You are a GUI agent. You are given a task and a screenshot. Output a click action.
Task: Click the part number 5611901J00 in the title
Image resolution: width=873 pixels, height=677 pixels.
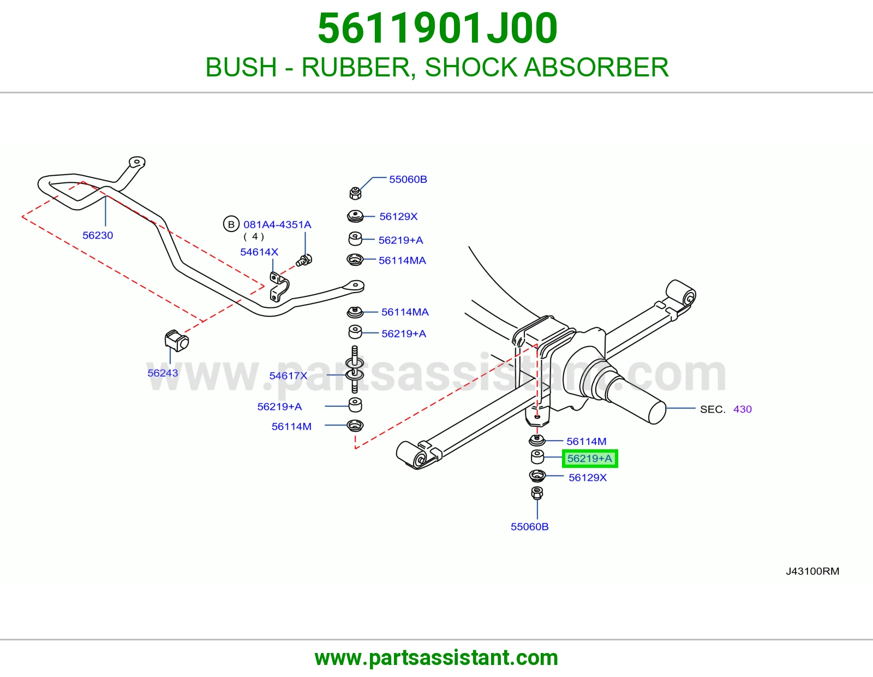click(437, 28)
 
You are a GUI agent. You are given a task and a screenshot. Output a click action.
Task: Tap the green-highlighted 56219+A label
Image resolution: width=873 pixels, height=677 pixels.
click(589, 458)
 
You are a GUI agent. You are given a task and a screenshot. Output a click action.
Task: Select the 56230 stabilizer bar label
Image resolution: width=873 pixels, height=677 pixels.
click(98, 235)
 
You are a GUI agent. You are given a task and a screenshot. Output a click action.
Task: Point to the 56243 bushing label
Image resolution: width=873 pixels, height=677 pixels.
click(162, 373)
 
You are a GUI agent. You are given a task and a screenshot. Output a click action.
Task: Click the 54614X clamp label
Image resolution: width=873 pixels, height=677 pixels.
click(259, 252)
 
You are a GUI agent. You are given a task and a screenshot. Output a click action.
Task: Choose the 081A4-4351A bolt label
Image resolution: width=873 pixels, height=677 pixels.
click(277, 224)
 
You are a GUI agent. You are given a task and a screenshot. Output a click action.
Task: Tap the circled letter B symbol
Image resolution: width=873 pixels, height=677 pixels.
click(231, 224)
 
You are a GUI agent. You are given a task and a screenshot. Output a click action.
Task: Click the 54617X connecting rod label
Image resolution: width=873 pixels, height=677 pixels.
click(288, 376)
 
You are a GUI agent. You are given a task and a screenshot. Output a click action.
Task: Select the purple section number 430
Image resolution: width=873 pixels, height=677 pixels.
click(743, 409)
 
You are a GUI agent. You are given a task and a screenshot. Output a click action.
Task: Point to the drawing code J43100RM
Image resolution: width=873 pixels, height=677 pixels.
click(812, 571)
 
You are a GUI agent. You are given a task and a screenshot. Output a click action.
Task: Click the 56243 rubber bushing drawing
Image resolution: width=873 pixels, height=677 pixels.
click(176, 341)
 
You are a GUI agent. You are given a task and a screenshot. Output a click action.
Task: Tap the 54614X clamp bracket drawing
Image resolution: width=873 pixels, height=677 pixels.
click(279, 287)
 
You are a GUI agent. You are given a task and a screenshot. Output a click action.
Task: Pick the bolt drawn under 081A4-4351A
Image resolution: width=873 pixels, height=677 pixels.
click(304, 260)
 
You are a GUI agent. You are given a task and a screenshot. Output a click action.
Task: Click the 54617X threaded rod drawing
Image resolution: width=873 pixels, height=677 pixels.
click(354, 369)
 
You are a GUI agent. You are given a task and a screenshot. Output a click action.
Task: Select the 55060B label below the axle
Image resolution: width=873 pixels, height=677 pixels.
click(529, 527)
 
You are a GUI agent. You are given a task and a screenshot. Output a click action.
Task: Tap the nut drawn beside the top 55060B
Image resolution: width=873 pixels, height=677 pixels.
click(355, 193)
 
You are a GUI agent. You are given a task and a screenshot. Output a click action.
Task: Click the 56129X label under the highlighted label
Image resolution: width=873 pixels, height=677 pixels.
click(587, 478)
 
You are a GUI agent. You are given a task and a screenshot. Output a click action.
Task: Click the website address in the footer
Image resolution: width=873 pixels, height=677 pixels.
click(436, 658)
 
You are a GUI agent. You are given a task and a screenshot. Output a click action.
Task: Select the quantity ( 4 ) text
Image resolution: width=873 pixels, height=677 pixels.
click(254, 236)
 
